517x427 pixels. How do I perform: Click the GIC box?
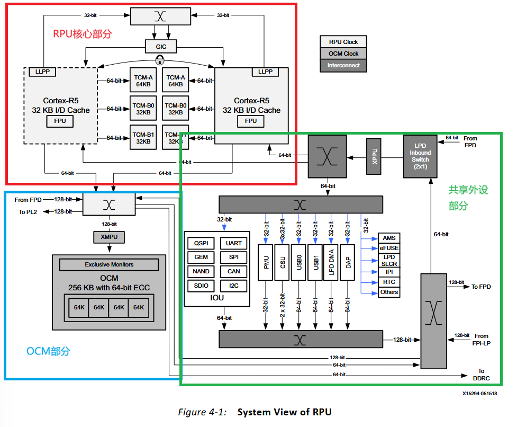[x=161, y=47]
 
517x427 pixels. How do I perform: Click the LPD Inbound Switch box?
[x=420, y=155]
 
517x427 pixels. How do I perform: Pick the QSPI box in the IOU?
[x=201, y=243]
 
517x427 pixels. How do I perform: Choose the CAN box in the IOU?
[x=233, y=271]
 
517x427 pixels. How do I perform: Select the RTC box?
[x=389, y=282]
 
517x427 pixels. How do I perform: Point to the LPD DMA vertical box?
[x=331, y=262]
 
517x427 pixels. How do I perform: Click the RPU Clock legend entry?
[x=343, y=42]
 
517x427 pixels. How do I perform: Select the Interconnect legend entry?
[x=343, y=66]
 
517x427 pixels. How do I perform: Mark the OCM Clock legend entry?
[x=343, y=54]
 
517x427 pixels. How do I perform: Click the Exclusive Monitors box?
[x=109, y=264]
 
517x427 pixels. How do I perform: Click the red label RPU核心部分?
[x=83, y=34]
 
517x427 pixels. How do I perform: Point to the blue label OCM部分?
[x=48, y=351]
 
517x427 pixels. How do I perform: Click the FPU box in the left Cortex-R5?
[x=60, y=121]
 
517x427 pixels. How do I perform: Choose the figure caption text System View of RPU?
[x=284, y=412]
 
